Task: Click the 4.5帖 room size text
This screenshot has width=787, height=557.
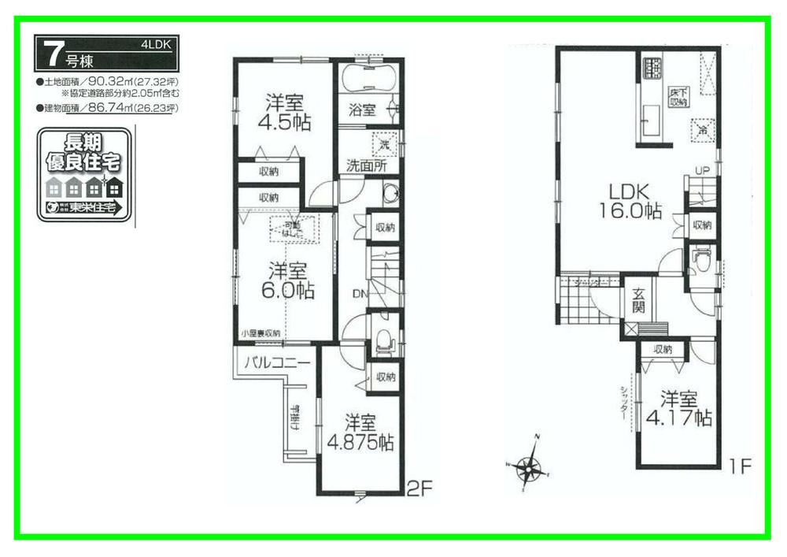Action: click(x=287, y=122)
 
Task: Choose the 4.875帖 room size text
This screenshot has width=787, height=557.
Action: click(x=360, y=441)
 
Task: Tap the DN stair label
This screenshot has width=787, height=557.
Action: click(x=359, y=294)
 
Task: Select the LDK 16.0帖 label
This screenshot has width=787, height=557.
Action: click(x=626, y=201)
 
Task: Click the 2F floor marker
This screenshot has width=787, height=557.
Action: click(x=420, y=488)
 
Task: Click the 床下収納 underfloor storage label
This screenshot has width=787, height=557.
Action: click(x=679, y=97)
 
